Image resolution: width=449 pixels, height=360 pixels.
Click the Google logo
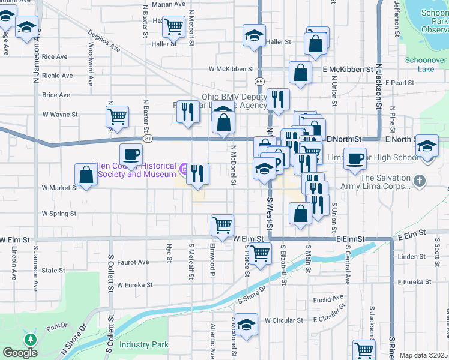point(20,353)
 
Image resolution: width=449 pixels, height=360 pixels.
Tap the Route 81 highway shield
point(148,139)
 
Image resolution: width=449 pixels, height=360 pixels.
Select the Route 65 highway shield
point(259,80)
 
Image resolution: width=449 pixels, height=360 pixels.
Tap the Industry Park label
point(143,344)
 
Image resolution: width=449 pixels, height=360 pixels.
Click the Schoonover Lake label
point(426,65)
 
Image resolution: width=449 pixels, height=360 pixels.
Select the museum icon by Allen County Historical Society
point(184,170)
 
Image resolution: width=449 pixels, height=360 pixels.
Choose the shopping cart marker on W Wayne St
point(117,116)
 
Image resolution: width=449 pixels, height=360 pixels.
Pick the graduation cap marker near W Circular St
point(246,325)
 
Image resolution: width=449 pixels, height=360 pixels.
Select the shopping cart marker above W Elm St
point(222,225)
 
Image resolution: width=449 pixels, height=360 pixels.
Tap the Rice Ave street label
point(55,57)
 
